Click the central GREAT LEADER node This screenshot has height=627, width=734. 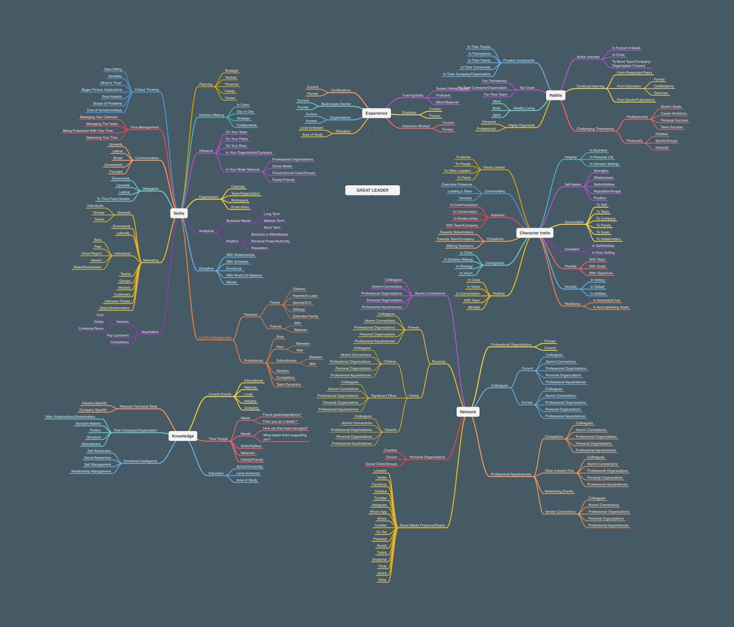point(372,190)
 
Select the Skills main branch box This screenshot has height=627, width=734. point(179,213)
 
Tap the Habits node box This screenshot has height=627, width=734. point(555,95)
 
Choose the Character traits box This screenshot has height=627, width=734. point(534,233)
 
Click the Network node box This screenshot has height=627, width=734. point(468,412)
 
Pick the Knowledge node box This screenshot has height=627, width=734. point(183,436)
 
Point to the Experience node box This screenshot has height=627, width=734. point(376,113)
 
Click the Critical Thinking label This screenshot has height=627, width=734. point(147,90)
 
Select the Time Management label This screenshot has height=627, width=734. point(144,127)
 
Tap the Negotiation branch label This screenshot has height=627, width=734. point(150,332)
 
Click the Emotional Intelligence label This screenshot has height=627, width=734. point(140,461)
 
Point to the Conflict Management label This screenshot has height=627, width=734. point(215,338)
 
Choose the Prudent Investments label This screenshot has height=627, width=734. point(518,60)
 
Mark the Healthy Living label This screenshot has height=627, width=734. point(523,108)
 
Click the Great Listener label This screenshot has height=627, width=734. point(494,167)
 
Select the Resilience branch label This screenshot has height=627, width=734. point(572,304)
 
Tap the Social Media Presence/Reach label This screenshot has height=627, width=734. point(422,525)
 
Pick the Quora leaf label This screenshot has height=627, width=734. point(382,573)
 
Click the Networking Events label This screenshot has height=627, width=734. point(559,491)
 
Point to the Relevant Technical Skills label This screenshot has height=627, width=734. point(138,406)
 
